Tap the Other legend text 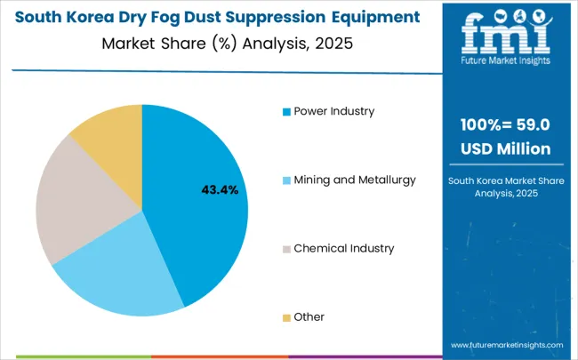pyautogui.click(x=309, y=316)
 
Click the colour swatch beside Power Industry pyautogui.click(x=285, y=112)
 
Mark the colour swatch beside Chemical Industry pyautogui.click(x=285, y=249)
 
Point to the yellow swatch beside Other pyautogui.click(x=285, y=317)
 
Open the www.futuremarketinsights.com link pyautogui.click(x=507, y=344)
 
